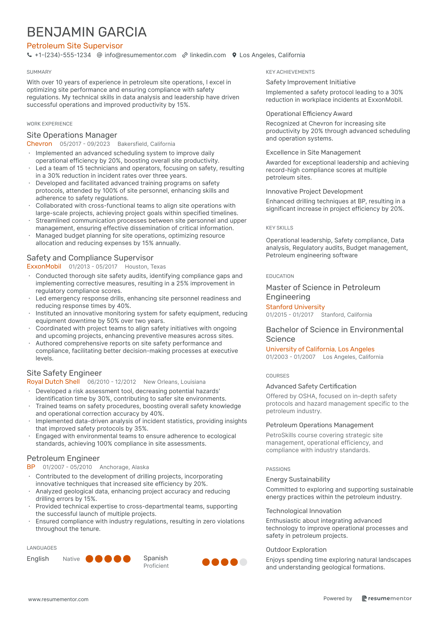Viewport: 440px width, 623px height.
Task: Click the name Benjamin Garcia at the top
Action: (87, 32)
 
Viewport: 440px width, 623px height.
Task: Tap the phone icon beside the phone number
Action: (29, 55)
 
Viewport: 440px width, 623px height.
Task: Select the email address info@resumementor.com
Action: (140, 55)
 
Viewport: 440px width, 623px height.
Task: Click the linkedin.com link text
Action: (208, 55)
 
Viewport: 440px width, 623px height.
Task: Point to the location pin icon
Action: (234, 55)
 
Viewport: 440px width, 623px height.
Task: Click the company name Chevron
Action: (39, 144)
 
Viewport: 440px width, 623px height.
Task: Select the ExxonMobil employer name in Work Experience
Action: (44, 267)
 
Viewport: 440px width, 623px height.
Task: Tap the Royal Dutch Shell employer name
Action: (53, 382)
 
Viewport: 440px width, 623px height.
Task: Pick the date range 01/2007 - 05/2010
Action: (67, 467)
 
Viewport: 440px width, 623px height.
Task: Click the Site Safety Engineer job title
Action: (64, 373)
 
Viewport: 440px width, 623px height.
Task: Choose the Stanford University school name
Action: (295, 307)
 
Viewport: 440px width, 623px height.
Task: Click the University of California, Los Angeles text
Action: (320, 349)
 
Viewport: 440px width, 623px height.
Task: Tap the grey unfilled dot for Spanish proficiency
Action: (243, 562)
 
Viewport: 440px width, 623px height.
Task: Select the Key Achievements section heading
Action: (290, 72)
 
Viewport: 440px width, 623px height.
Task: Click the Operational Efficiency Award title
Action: (309, 114)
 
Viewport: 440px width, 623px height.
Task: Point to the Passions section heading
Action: (278, 469)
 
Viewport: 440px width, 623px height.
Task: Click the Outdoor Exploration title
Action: (296, 550)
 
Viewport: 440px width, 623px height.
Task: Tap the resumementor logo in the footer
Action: (387, 598)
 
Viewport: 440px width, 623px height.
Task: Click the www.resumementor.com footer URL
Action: (58, 599)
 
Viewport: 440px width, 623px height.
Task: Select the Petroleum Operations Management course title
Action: (320, 425)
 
